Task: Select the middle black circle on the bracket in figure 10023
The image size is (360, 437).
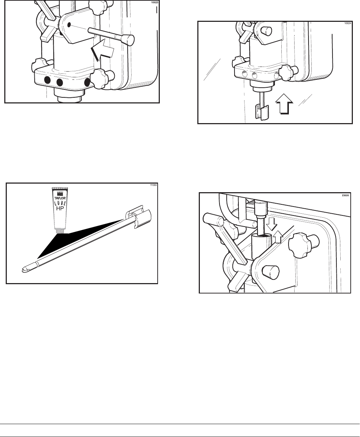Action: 60,82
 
